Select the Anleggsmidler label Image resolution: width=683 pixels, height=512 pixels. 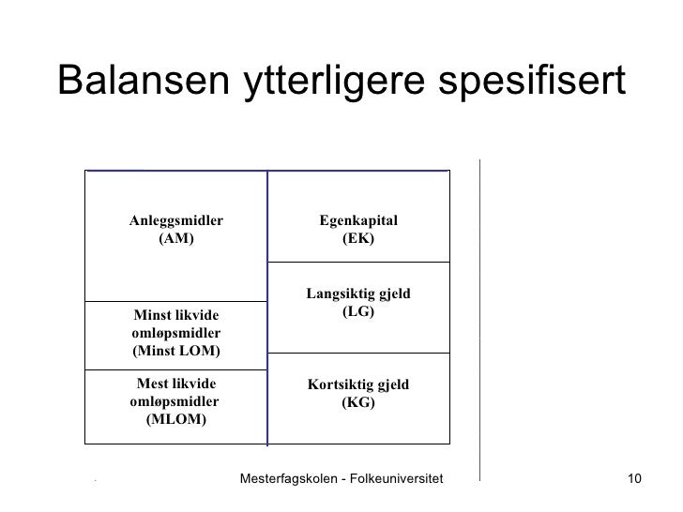click(x=176, y=220)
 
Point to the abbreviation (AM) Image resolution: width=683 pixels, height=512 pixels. click(x=176, y=238)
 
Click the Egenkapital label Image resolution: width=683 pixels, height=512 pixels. click(x=358, y=220)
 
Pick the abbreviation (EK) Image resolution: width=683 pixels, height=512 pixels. click(x=358, y=238)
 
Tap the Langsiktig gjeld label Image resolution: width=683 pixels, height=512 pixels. click(x=358, y=294)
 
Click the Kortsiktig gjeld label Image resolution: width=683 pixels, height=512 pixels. click(x=358, y=385)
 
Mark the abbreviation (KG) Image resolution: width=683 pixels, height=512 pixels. click(x=358, y=403)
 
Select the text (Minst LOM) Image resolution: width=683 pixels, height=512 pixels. click(x=176, y=351)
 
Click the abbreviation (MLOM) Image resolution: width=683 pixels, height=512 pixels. click(x=176, y=419)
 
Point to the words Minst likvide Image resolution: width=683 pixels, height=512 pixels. click(x=176, y=316)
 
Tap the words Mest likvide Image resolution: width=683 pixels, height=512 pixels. click(x=176, y=384)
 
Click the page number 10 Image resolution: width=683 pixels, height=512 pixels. click(x=633, y=480)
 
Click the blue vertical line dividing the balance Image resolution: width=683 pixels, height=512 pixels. click(x=267, y=309)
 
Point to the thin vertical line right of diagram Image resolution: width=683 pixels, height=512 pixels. click(x=479, y=319)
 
